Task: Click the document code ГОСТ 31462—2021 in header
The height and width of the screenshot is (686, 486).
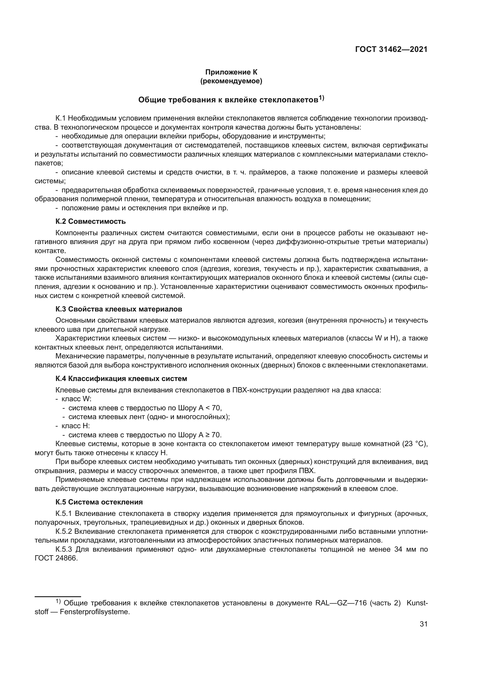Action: [x=391, y=50]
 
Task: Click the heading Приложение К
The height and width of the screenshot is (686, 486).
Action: [x=231, y=72]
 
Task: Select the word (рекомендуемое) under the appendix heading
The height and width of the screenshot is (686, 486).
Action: [x=231, y=81]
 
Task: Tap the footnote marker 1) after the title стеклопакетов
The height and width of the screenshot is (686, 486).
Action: [x=321, y=98]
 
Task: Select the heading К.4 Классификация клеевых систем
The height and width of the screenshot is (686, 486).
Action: [x=121, y=379]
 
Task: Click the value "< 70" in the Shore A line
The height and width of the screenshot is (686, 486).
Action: [x=214, y=408]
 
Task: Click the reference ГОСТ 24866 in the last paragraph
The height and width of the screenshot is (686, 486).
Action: [x=56, y=558]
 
